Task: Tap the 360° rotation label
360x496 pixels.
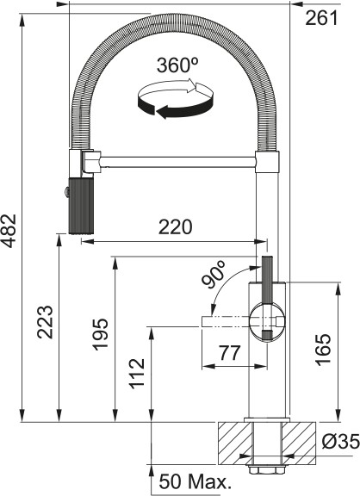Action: click(x=177, y=66)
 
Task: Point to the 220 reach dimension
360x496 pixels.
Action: click(x=175, y=227)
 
